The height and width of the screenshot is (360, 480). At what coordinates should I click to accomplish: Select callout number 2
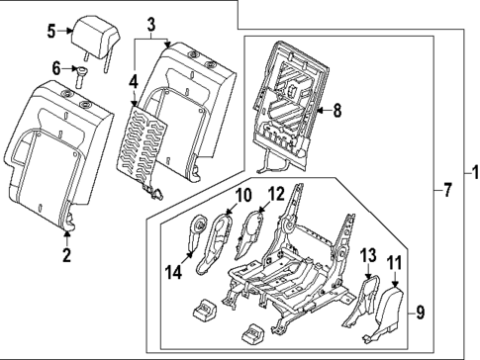67,259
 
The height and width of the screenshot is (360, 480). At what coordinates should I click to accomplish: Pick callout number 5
52,31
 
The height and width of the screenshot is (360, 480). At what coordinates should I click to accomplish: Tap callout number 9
421,315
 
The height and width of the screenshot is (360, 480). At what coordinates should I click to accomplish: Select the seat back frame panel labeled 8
287,94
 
